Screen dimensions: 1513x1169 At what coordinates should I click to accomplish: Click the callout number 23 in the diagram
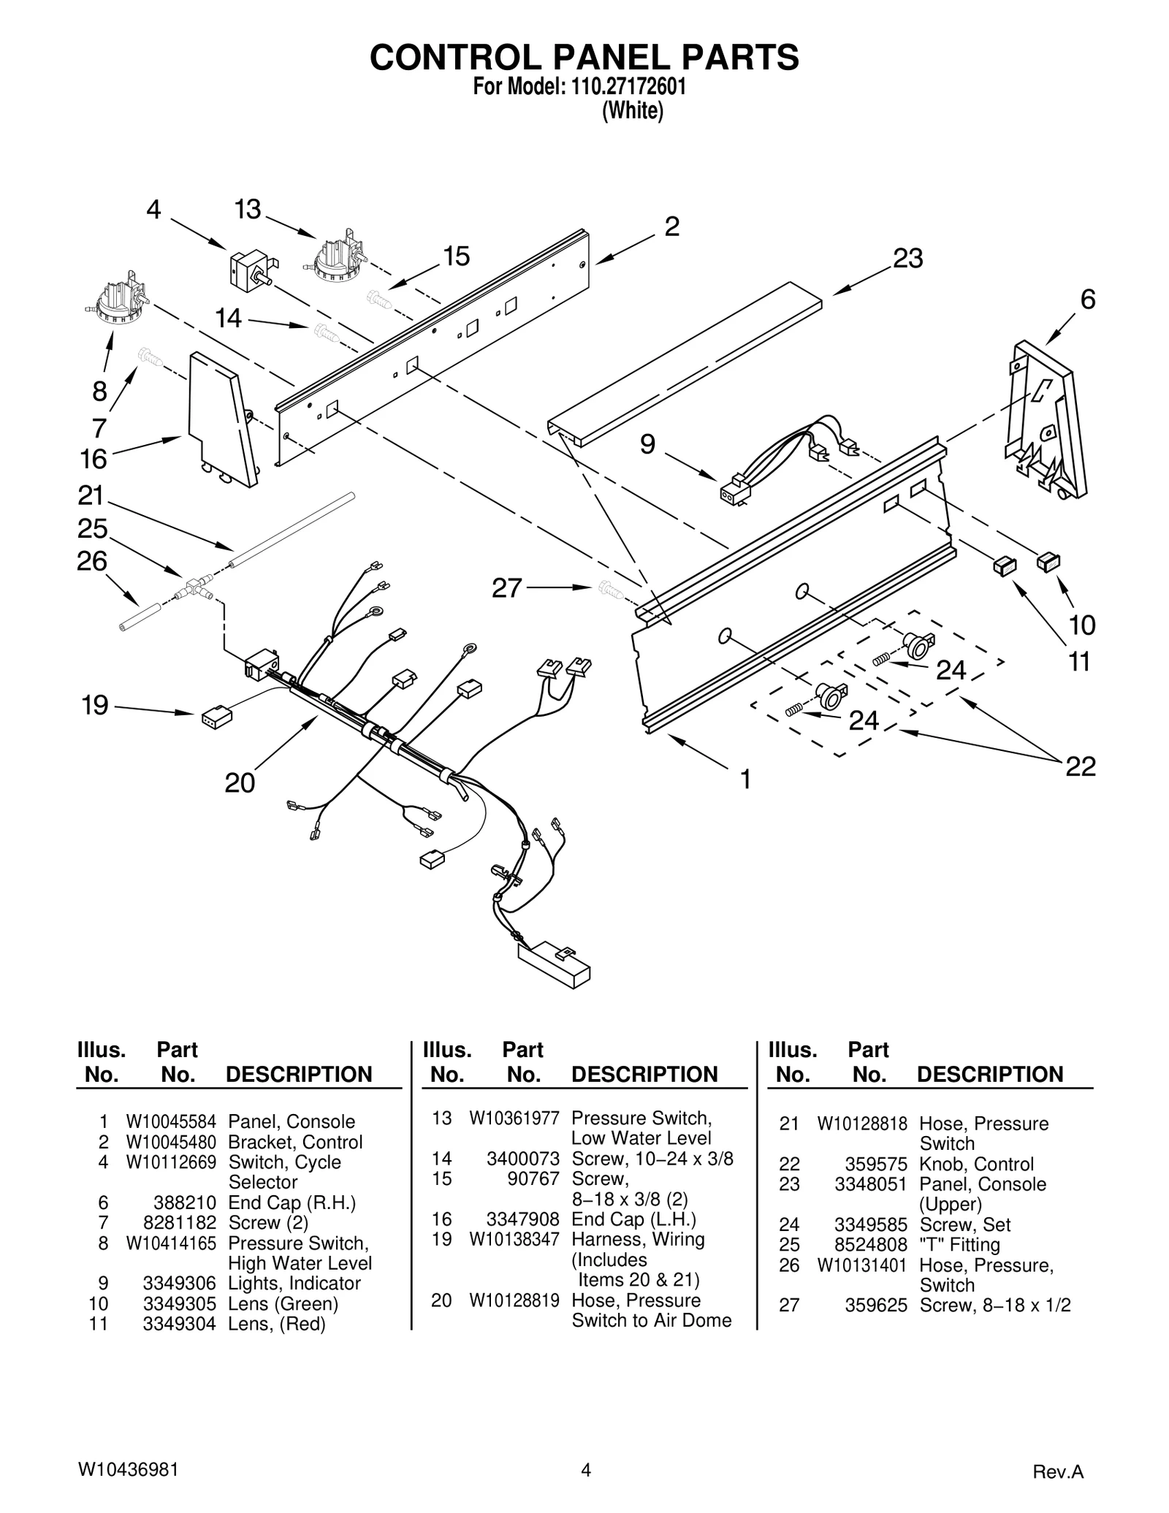pyautogui.click(x=907, y=258)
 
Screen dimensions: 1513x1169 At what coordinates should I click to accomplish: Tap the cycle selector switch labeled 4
pyautogui.click(x=251, y=269)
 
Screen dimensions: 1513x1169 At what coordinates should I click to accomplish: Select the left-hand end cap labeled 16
pyautogui.click(x=219, y=420)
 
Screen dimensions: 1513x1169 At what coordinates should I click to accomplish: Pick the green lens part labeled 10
pyautogui.click(x=1048, y=561)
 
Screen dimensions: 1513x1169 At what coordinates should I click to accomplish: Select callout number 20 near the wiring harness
pyautogui.click(x=240, y=782)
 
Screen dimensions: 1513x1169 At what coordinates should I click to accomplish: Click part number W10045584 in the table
pyautogui.click(x=171, y=1121)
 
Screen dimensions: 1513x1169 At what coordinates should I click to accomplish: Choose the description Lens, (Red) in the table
pyautogui.click(x=277, y=1324)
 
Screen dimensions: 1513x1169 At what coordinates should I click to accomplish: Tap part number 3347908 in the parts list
pyautogui.click(x=522, y=1219)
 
